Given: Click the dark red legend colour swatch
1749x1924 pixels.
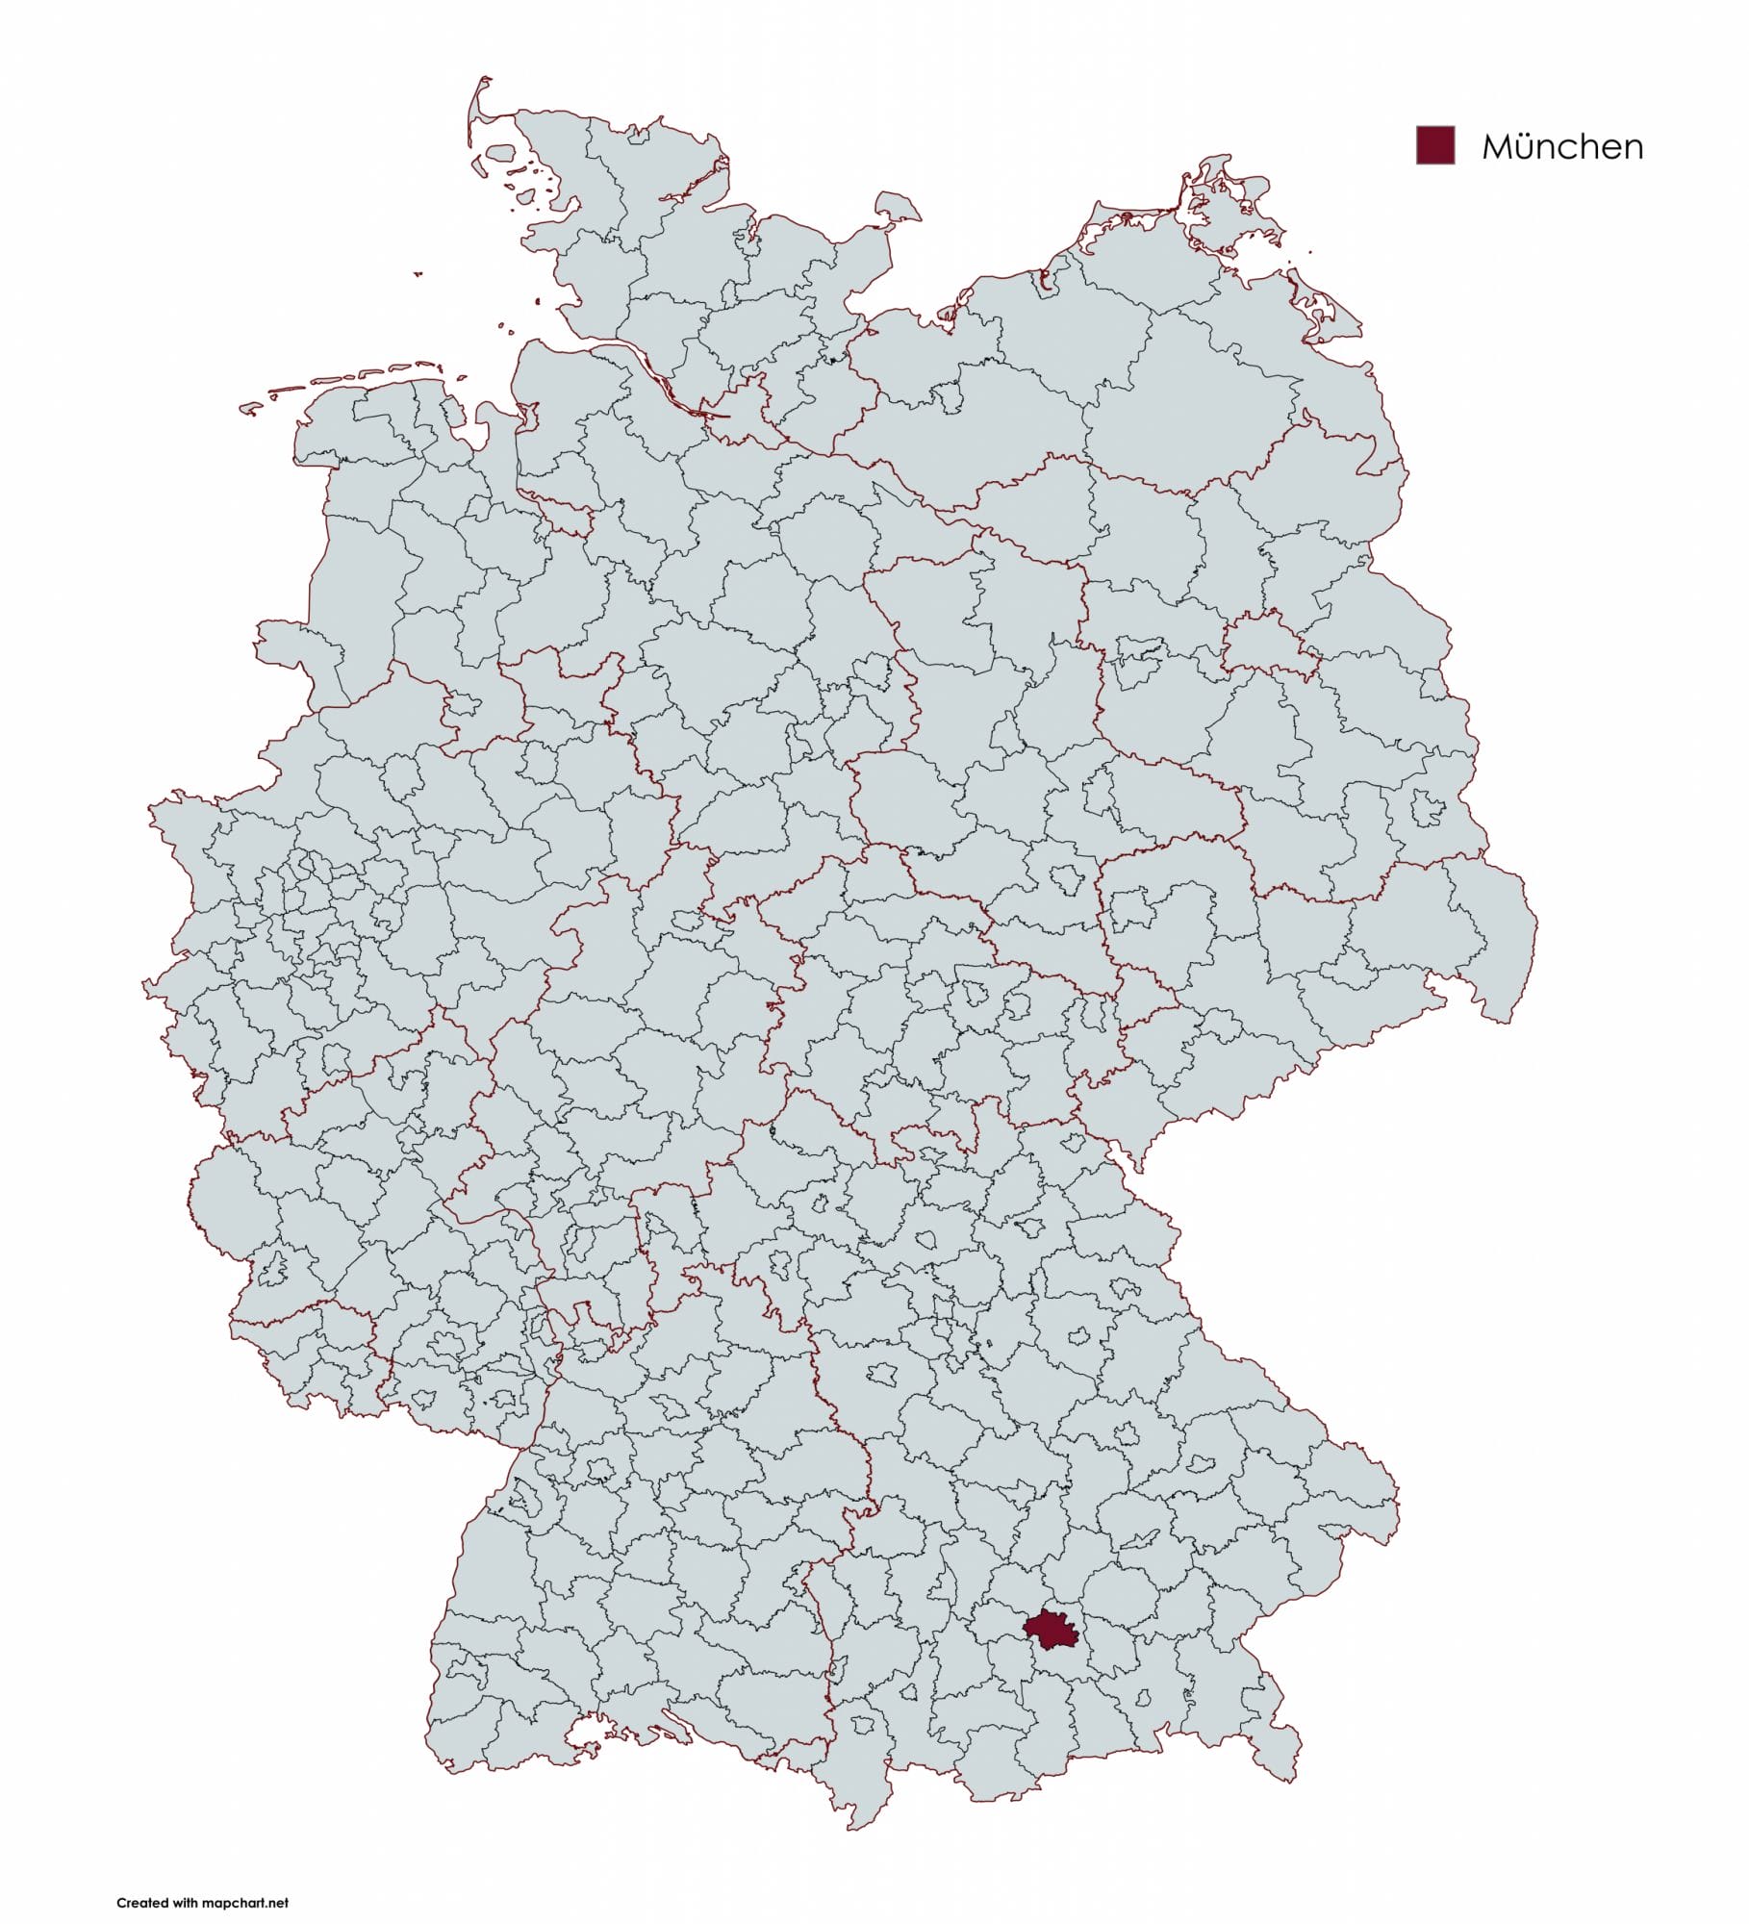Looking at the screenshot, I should click(1434, 145).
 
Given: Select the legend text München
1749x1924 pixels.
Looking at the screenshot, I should click(1561, 146).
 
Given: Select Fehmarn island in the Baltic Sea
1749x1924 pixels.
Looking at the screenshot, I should click(897, 206).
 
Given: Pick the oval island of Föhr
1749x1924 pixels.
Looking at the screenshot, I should click(501, 153).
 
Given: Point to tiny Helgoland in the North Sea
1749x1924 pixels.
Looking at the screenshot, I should click(418, 274).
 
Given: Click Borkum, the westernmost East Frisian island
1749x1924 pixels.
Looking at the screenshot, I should click(251, 409).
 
